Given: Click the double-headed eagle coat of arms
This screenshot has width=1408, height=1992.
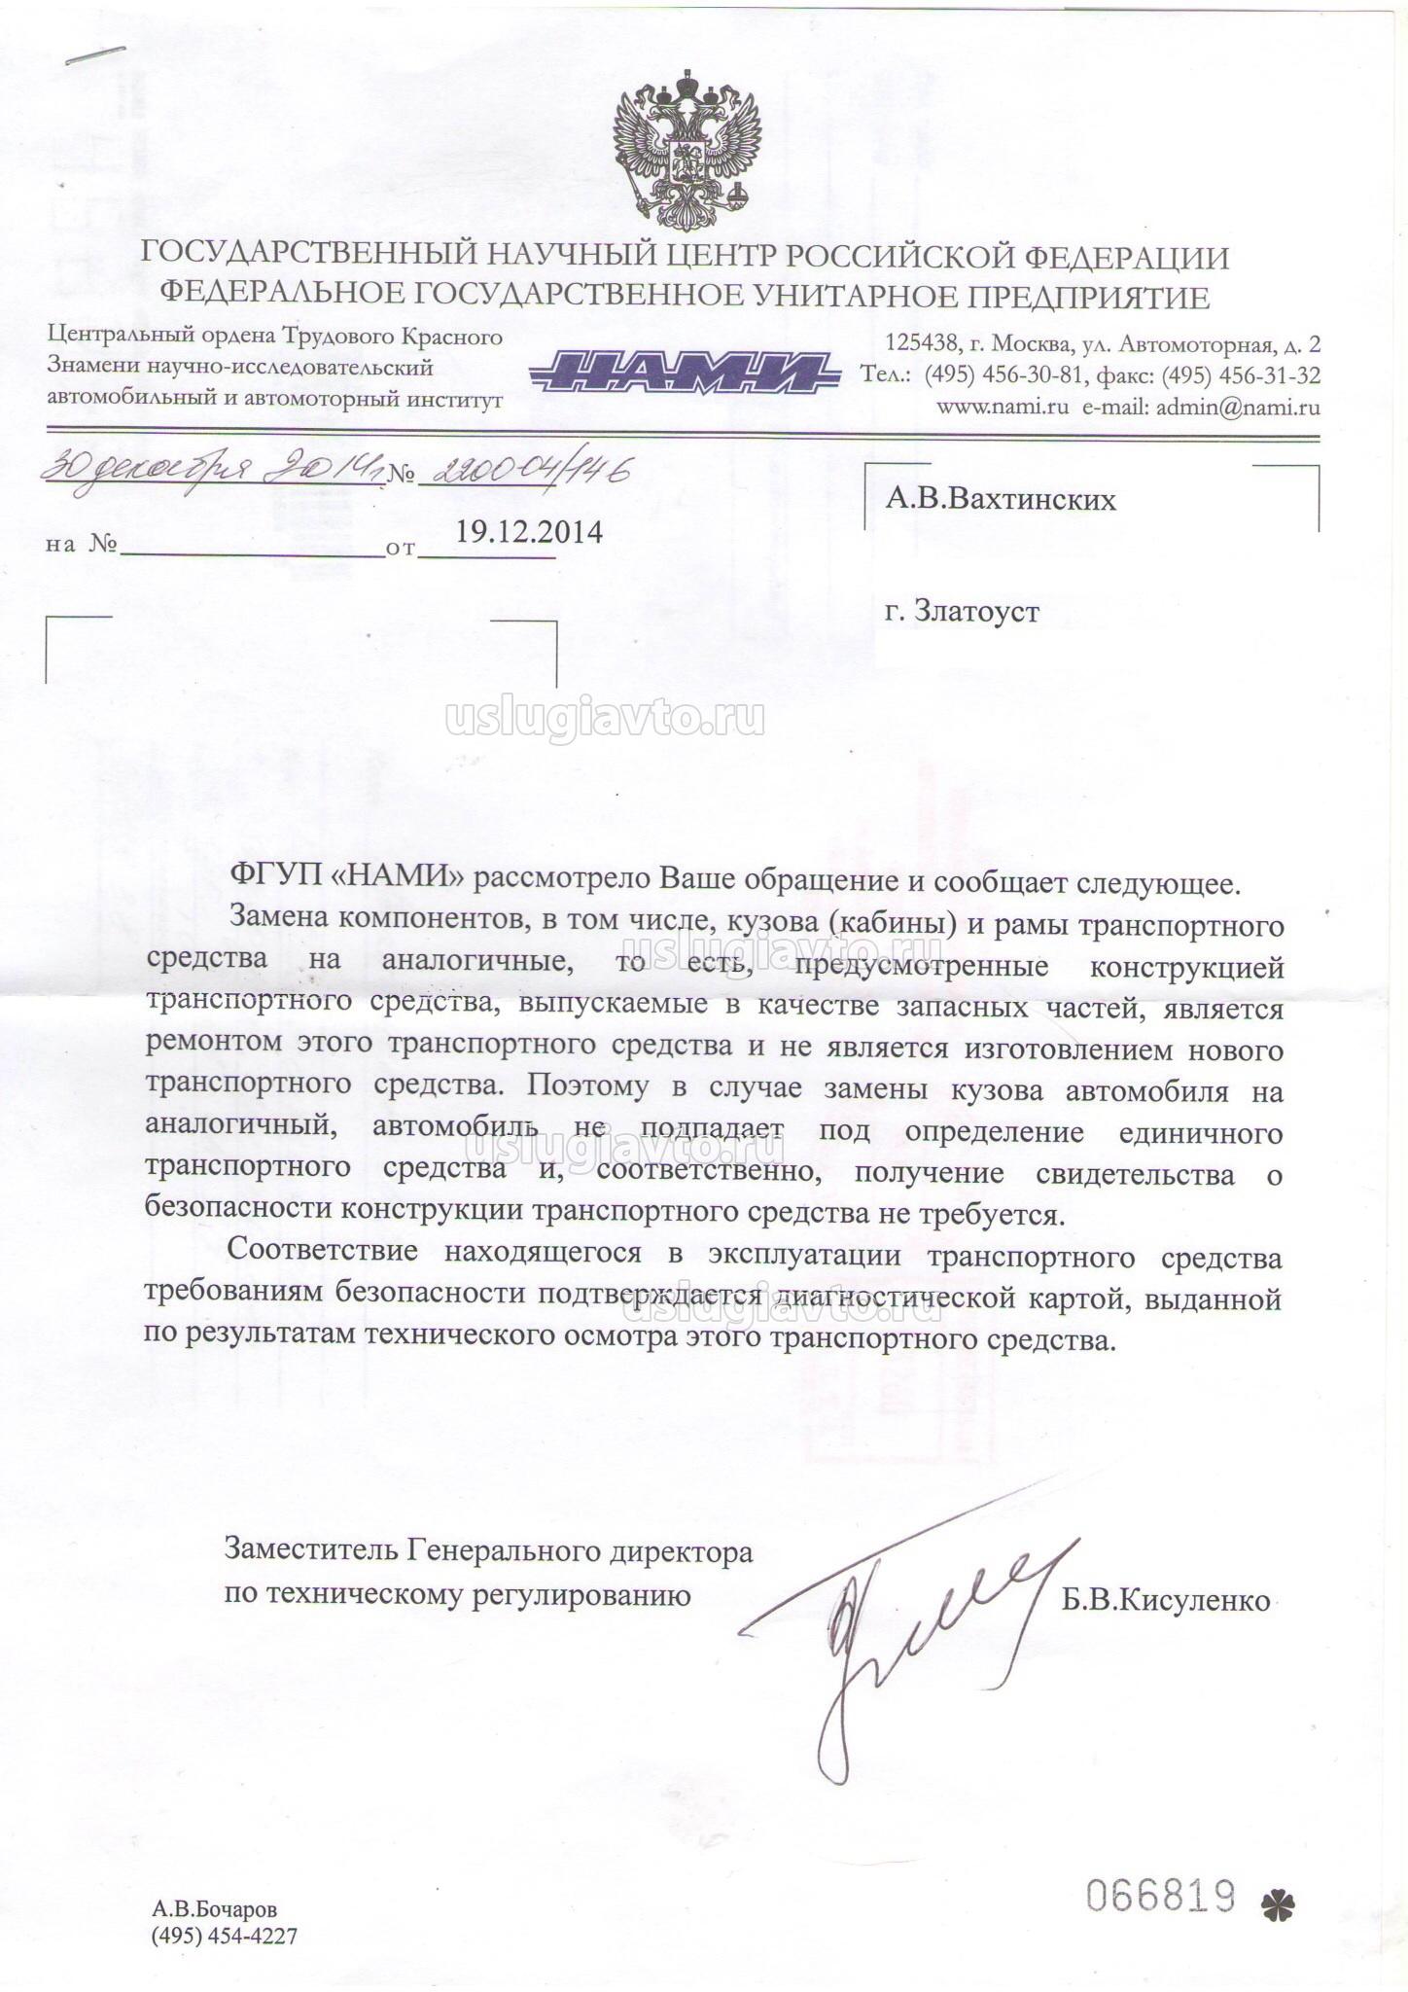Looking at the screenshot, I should coord(686,150).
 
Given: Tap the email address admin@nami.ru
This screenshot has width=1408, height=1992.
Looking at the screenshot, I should coord(1236,408).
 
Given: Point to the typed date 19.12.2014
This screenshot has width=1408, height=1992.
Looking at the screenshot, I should coord(529,532).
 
